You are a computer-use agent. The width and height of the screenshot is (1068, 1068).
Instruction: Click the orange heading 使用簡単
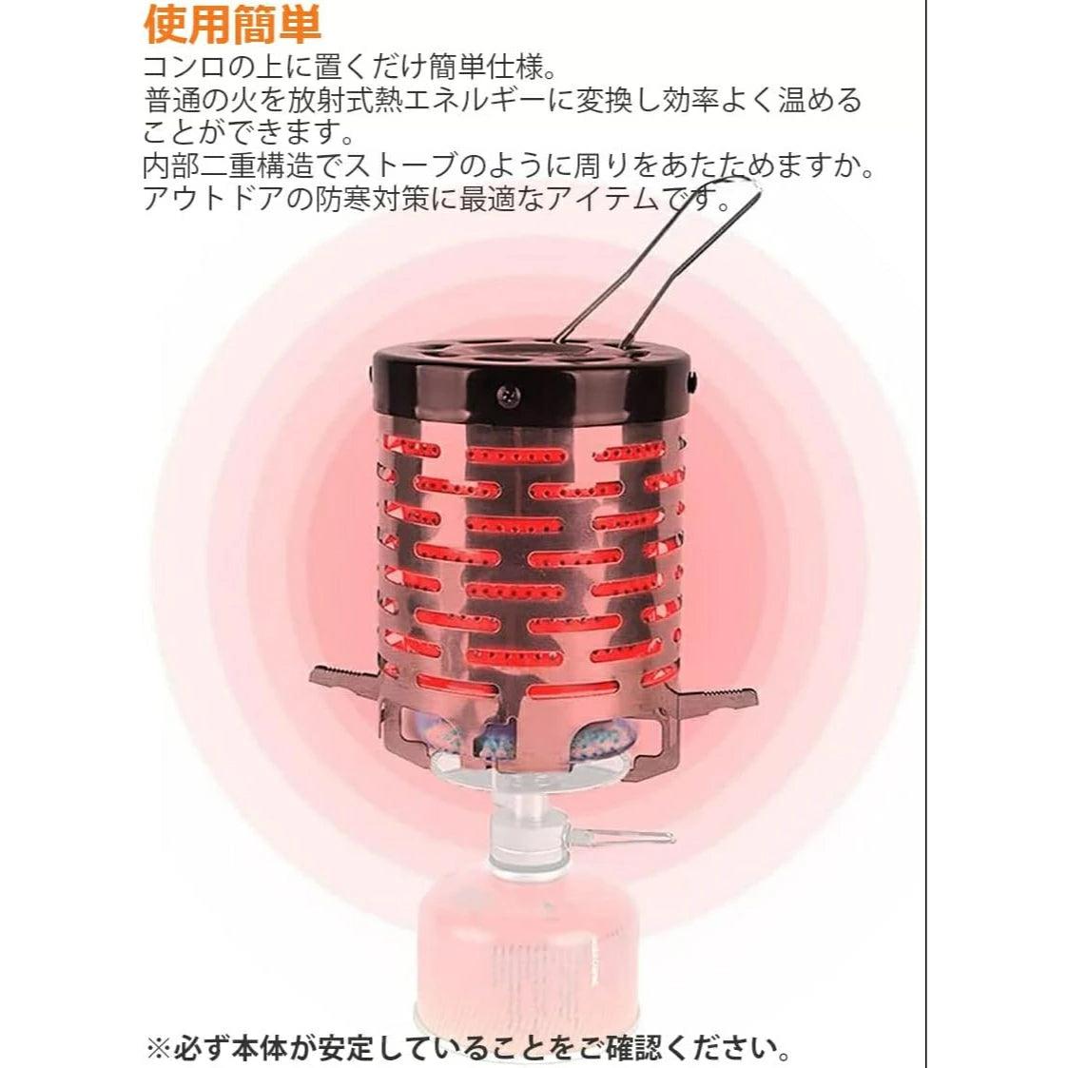[x=232, y=26]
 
